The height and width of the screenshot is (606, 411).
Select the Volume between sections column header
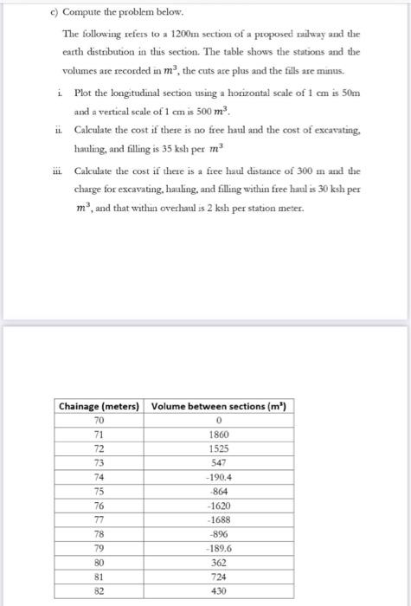(218, 406)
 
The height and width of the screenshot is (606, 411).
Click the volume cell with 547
(218, 461)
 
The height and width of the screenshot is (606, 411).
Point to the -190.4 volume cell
(218, 476)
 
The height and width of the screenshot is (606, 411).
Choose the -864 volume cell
(218, 491)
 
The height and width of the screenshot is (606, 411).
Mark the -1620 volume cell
(218, 506)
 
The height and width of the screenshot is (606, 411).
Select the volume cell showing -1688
(218, 519)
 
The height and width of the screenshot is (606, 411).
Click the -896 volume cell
(218, 533)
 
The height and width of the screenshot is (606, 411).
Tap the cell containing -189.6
(218, 548)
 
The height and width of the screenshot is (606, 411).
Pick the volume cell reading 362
(218, 562)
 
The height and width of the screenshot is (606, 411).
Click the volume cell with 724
(218, 576)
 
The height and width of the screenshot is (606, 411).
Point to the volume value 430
(218, 590)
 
